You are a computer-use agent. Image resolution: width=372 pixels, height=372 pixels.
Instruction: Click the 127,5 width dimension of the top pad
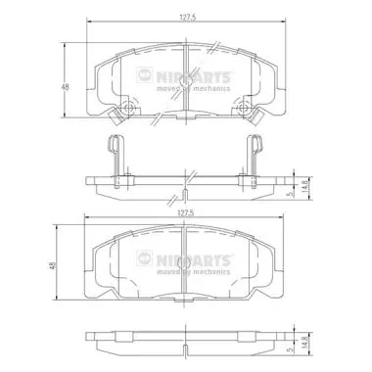(188, 18)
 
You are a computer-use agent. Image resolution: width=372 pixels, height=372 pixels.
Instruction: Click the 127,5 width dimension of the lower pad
(186, 213)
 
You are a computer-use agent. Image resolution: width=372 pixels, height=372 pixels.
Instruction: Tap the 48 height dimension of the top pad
(66, 87)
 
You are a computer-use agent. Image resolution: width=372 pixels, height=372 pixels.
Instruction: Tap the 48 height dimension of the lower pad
(53, 265)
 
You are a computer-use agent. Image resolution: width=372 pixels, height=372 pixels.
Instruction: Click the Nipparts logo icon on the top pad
(144, 75)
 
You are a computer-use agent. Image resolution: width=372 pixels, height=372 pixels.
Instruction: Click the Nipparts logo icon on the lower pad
(144, 258)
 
